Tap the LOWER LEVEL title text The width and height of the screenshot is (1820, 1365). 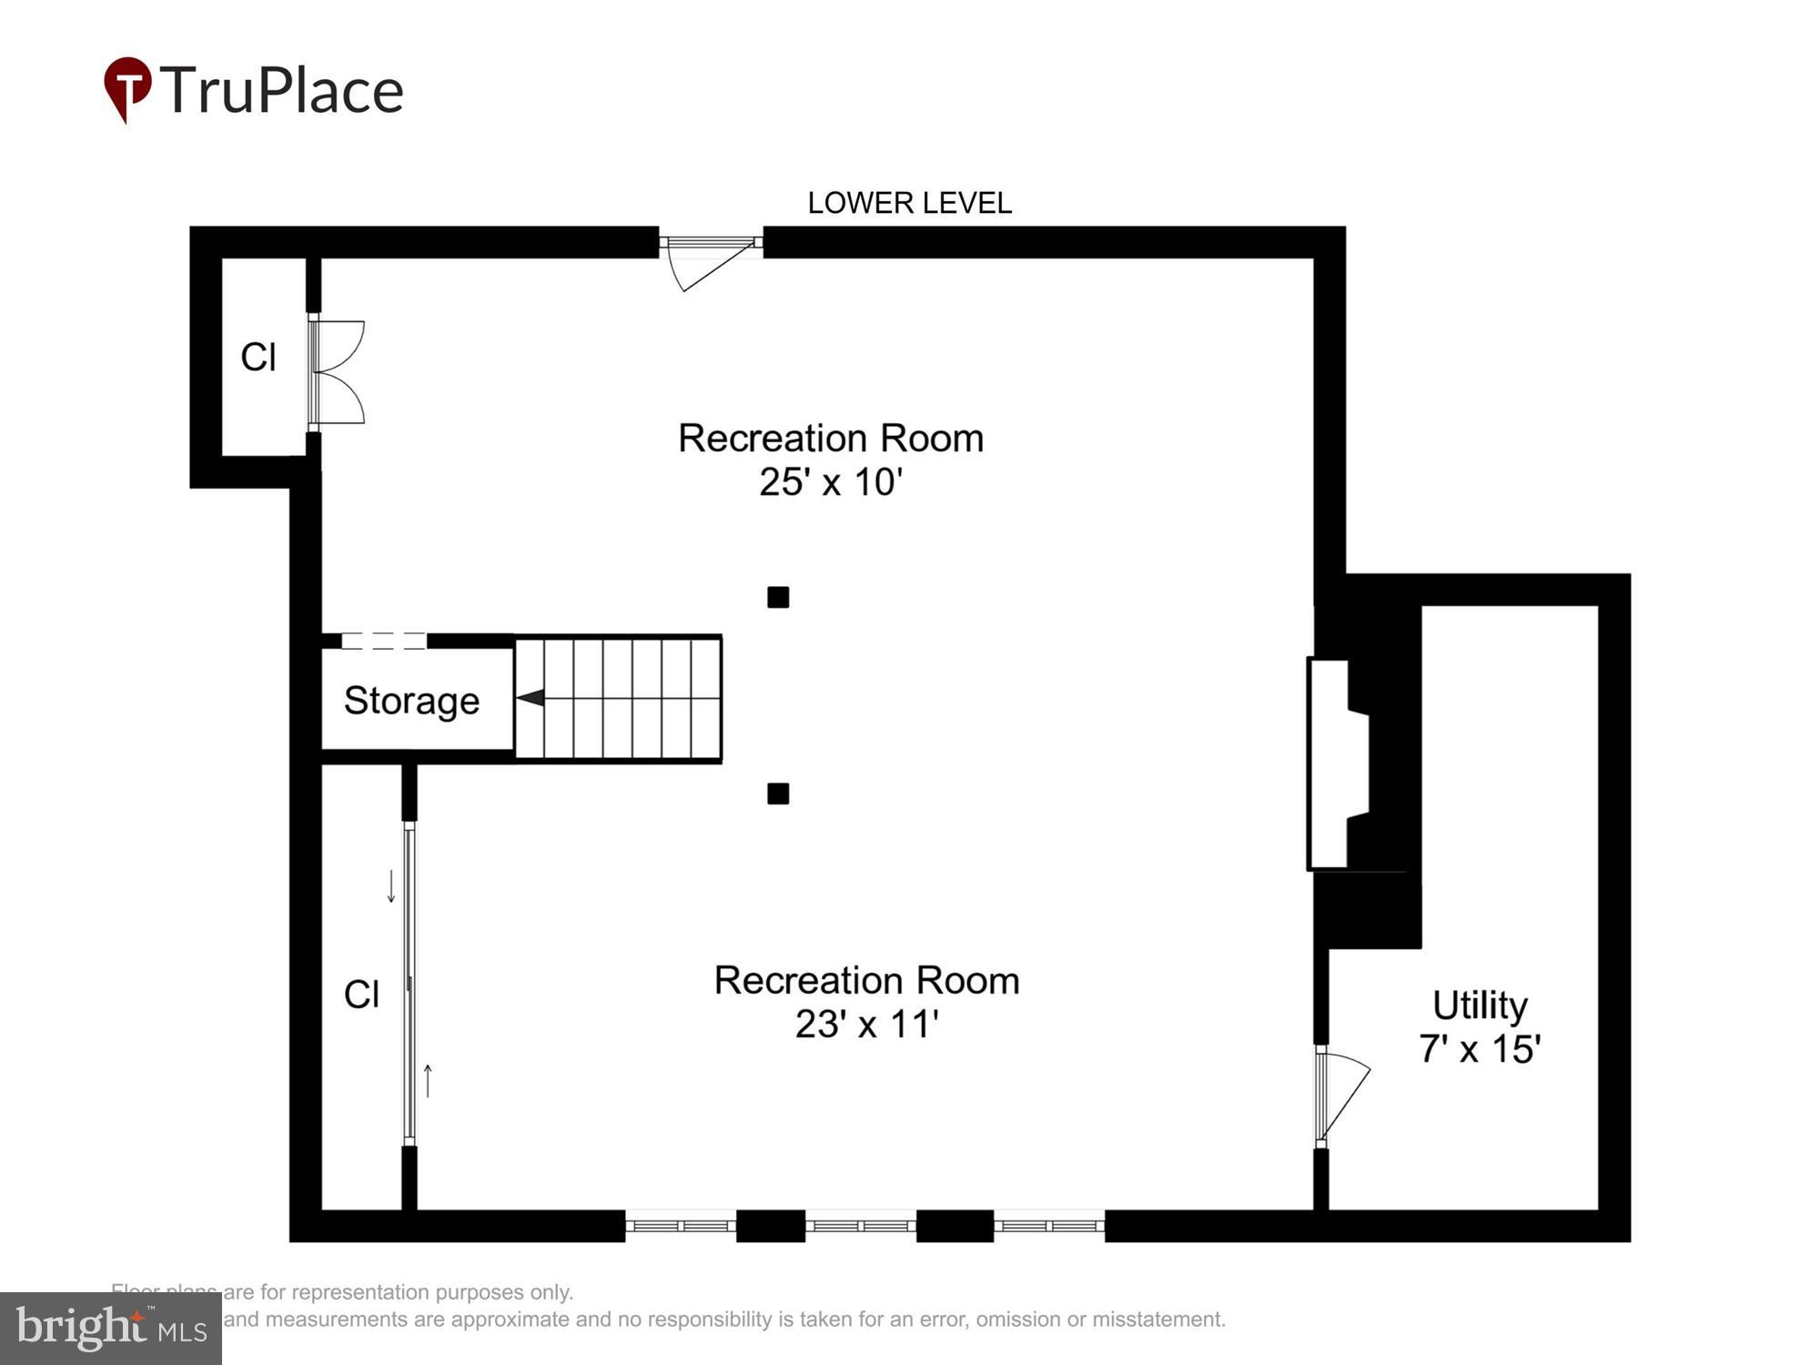click(x=909, y=203)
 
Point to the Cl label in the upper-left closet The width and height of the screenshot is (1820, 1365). click(x=258, y=358)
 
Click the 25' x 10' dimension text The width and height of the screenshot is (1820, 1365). click(x=830, y=482)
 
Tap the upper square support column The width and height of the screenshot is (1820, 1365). click(x=778, y=598)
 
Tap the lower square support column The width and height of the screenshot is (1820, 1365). click(x=778, y=794)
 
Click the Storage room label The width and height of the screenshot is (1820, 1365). click(x=411, y=701)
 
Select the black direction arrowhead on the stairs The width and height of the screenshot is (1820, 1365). click(x=531, y=698)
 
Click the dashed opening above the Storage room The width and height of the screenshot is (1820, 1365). click(x=383, y=641)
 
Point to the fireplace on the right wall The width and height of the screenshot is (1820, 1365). click(x=1338, y=763)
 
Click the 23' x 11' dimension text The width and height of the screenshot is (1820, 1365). click(x=866, y=1025)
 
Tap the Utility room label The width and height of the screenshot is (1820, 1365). click(x=1480, y=1006)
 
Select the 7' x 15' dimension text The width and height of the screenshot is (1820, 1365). click(x=1480, y=1049)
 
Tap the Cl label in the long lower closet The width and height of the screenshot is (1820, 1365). click(x=361, y=995)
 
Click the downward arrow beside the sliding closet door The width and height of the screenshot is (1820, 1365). click(x=391, y=886)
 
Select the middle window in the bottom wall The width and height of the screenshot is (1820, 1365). click(x=861, y=1226)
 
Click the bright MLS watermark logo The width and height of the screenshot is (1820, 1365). click(x=111, y=1328)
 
